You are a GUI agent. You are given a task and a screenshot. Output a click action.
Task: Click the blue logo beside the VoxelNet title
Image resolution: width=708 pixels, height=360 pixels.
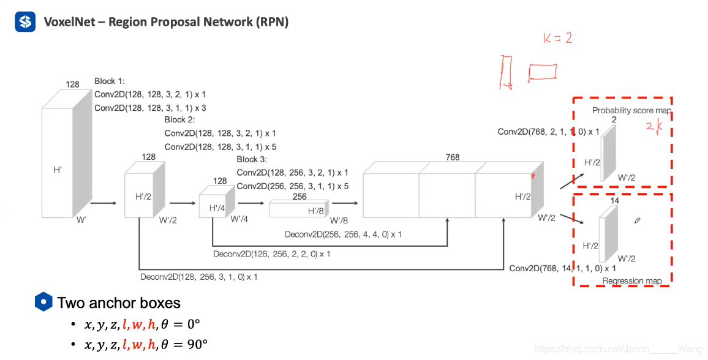[25, 21]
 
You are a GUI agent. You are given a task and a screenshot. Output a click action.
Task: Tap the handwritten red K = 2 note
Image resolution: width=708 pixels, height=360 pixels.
[557, 39]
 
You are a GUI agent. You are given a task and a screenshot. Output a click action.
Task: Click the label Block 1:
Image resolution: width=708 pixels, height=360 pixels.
[109, 81]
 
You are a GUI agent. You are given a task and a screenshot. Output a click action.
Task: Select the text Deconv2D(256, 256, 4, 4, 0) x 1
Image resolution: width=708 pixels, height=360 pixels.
[343, 234]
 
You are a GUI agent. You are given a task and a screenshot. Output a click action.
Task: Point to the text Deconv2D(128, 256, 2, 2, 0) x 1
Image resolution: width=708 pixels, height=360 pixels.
[272, 254]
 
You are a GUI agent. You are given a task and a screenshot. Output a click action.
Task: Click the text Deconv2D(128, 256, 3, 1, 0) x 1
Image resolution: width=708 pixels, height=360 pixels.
[198, 277]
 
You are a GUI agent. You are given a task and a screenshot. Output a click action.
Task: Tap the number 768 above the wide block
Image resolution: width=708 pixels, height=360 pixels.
[453, 157]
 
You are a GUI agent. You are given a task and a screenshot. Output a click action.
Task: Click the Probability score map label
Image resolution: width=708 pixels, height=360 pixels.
[631, 111]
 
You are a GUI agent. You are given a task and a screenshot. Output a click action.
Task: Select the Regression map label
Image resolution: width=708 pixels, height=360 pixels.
[632, 280]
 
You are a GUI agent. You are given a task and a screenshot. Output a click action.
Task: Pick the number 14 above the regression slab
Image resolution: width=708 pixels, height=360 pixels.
[614, 200]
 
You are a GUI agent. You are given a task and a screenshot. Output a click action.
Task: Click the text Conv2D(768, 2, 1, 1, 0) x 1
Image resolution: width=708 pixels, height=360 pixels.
[549, 132]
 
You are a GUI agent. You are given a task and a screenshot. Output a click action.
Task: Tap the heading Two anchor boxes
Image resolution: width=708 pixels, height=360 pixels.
[119, 302]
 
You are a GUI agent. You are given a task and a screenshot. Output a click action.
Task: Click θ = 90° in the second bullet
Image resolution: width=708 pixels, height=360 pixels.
[184, 344]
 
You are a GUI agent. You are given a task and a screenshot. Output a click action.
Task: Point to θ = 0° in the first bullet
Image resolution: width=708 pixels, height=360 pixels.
[181, 324]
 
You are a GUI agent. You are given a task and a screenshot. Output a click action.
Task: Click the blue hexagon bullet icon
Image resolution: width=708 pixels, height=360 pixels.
[43, 302]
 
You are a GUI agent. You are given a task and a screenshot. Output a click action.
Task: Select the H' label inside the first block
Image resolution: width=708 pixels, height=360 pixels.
[58, 170]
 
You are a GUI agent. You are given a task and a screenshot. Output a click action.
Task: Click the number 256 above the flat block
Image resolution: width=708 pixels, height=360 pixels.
[299, 197]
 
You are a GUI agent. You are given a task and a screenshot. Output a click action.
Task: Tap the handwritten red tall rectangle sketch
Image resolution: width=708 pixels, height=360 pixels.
[506, 72]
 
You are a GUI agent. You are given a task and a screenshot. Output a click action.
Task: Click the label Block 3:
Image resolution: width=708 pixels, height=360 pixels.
[252, 159]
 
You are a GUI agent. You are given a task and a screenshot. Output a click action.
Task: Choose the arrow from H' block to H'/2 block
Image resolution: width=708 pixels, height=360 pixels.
[104, 203]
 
